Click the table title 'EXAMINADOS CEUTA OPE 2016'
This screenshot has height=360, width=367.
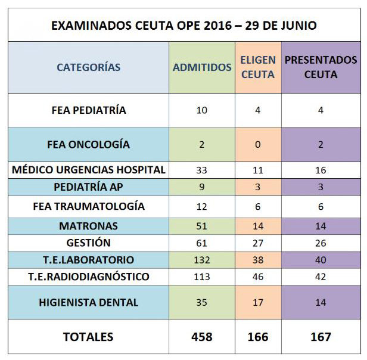[142, 26]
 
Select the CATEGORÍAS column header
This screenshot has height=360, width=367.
[88, 67]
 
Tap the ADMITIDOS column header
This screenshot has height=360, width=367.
[202, 67]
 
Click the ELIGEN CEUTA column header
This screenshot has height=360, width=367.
[258, 67]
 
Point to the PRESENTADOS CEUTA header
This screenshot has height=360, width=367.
[321, 67]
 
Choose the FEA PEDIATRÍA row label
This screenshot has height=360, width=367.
[89, 110]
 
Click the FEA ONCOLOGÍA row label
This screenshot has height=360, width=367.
[88, 144]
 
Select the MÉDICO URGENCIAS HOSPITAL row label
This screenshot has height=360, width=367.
[89, 170]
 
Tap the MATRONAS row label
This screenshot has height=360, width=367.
[88, 226]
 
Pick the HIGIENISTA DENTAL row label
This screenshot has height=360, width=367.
[88, 302]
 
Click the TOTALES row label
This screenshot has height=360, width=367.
[88, 337]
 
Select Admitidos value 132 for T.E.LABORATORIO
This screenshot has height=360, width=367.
[202, 260]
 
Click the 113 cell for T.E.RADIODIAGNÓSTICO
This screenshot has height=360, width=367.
[202, 277]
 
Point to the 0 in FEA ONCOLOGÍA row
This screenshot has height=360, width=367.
[258, 144]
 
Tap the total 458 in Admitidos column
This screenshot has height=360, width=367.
[202, 337]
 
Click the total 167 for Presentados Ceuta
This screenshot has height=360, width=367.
[321, 337]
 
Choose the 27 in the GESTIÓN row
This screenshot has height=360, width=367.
[258, 243]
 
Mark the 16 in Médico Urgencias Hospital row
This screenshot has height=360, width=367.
[321, 170]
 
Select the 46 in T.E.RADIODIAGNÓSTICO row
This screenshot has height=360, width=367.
[258, 277]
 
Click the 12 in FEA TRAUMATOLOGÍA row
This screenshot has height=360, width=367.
[202, 207]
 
